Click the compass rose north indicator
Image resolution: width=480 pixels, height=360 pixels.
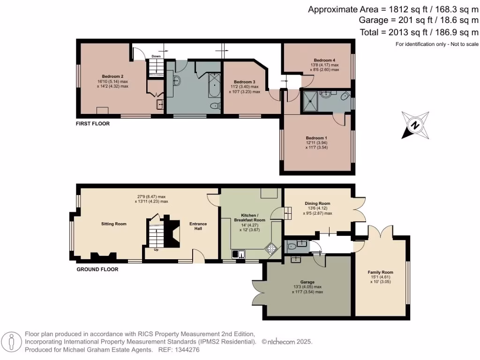pos(415,125)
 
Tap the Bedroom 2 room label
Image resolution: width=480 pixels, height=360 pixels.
pos(112,76)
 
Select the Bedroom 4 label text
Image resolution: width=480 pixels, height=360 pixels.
pos(324,60)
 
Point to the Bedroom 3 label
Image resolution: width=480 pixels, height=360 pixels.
pos(244,82)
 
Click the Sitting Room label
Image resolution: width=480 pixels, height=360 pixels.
pos(114,224)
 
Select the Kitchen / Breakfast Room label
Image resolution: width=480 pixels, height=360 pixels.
pos(249,217)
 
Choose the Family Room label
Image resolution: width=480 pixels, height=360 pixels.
pos(381,272)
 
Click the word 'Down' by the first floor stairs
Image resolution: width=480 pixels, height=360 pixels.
pos(156,57)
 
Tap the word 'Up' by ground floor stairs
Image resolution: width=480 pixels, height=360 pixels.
pos(156,249)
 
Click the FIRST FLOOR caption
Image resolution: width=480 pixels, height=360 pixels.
pos(93,124)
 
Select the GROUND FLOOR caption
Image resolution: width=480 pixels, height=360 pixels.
pos(97,270)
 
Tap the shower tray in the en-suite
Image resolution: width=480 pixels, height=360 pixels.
pos(310,102)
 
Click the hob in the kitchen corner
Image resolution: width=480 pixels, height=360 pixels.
pos(271,249)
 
